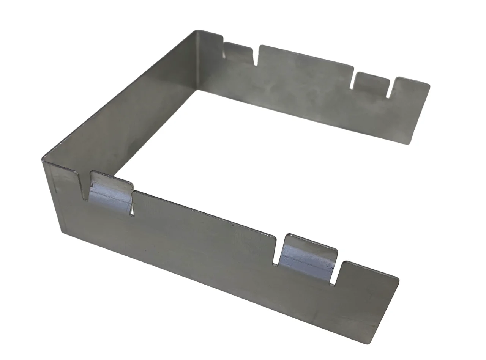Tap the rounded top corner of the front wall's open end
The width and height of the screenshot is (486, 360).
click(397, 279)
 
